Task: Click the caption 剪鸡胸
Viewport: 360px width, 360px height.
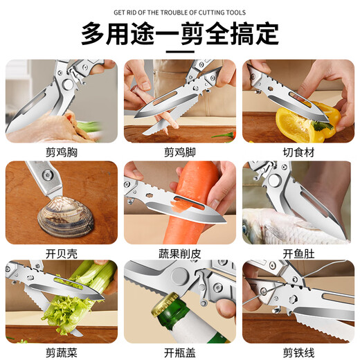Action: tap(60, 151)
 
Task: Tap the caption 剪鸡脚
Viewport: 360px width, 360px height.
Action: tap(179, 151)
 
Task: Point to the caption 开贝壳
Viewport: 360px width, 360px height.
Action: tap(60, 252)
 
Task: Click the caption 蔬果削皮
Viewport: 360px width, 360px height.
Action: tap(179, 252)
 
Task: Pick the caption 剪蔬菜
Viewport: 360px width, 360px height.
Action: tap(60, 352)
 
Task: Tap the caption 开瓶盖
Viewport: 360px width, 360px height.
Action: tap(179, 352)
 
